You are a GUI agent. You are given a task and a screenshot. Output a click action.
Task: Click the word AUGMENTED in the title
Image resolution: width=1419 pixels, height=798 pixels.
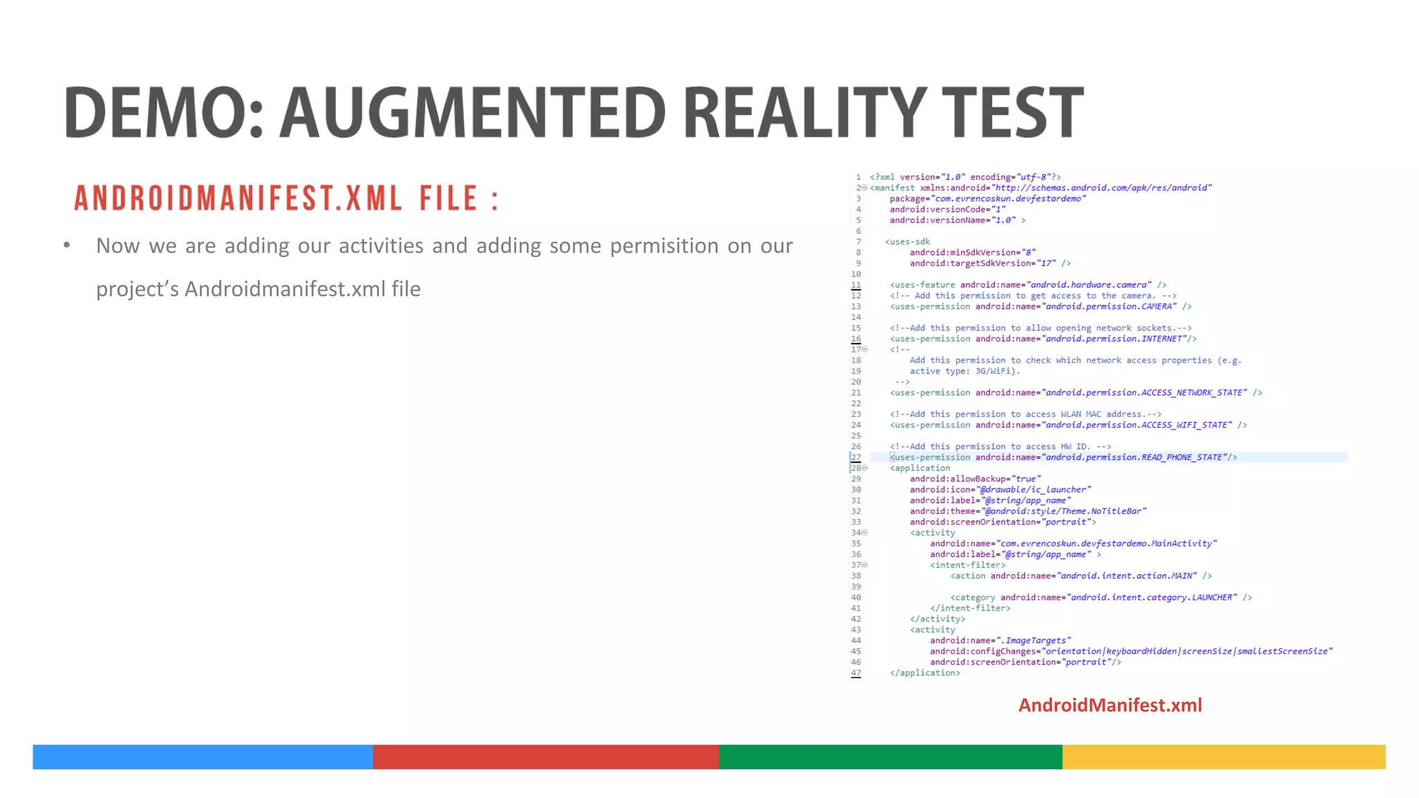[x=473, y=112]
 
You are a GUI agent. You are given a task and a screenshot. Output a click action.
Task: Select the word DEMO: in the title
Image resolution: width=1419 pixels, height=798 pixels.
[x=164, y=112]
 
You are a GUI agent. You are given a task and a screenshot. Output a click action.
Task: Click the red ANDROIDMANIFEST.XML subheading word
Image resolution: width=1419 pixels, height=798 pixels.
[x=238, y=199]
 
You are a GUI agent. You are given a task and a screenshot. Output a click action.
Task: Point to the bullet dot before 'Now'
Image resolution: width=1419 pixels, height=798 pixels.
[x=67, y=245]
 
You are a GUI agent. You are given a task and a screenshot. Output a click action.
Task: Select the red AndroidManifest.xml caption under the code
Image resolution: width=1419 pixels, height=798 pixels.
[x=1110, y=705]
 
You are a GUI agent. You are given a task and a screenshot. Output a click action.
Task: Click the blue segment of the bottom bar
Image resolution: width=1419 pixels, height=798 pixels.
[x=202, y=756]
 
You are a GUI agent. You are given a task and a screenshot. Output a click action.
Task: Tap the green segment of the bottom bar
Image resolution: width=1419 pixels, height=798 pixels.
[x=890, y=756]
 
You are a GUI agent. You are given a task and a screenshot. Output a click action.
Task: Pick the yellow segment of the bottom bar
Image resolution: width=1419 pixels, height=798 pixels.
[x=1224, y=756]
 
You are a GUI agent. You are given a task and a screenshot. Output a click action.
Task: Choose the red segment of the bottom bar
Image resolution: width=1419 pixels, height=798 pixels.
[x=545, y=756]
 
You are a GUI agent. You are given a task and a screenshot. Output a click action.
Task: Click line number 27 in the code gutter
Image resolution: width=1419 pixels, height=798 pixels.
[x=856, y=457]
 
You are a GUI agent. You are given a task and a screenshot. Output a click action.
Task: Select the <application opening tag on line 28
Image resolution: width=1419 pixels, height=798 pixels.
[x=920, y=468]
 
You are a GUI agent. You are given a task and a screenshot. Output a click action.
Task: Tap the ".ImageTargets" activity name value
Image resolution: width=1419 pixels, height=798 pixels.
[x=1034, y=641]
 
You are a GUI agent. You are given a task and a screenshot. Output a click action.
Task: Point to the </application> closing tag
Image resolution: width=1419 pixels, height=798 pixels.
[x=925, y=673]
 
